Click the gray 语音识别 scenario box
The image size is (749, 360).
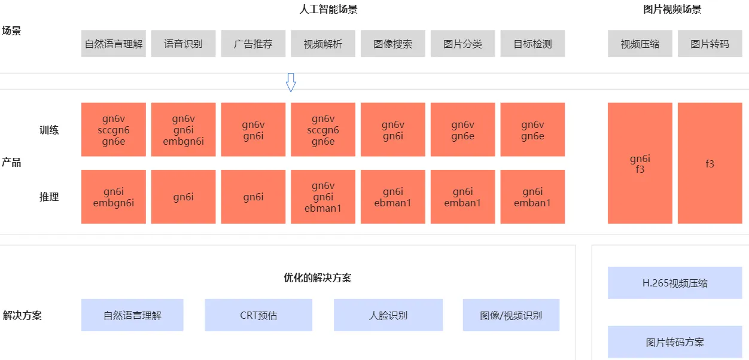tap(183, 44)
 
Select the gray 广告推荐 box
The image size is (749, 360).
tap(253, 44)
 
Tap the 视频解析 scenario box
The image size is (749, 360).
tap(323, 44)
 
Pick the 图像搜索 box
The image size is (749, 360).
tap(393, 44)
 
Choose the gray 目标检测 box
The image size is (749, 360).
tap(532, 44)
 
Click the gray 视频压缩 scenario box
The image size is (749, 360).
tap(640, 44)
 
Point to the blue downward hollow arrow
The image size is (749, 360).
tap(291, 83)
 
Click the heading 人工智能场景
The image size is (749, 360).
tap(328, 10)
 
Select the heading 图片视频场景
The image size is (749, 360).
tap(672, 10)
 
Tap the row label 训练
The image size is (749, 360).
tap(49, 130)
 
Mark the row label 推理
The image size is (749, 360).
tap(49, 197)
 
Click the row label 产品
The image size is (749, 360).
tap(11, 163)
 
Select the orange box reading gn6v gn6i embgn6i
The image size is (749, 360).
tap(183, 130)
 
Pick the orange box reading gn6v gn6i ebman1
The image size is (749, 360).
tap(323, 197)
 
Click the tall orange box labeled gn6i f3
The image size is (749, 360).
tap(640, 163)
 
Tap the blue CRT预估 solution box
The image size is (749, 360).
tap(258, 315)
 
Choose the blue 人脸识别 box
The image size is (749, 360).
tap(388, 315)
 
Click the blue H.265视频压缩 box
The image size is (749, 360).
tap(675, 283)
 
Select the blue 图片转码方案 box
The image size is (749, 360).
tap(675, 342)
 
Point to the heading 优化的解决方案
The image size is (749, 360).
tap(318, 278)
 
